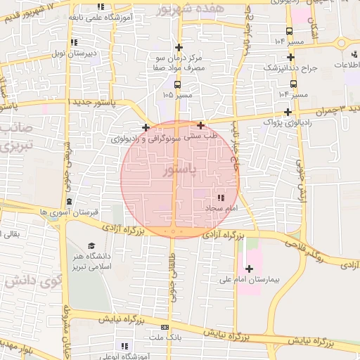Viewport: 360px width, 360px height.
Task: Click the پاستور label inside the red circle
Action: click(x=179, y=170)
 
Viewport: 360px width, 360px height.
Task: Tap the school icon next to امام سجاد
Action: click(x=221, y=198)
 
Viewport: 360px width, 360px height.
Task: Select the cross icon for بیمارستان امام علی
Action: click(x=249, y=268)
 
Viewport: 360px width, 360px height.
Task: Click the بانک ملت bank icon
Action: click(x=165, y=327)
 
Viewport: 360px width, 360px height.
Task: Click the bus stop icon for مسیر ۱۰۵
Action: click(x=177, y=84)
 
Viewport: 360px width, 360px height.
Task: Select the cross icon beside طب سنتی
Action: click(x=200, y=125)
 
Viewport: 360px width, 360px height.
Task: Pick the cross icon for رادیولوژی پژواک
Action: click(x=287, y=112)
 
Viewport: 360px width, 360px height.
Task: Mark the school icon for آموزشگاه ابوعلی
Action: click(x=124, y=345)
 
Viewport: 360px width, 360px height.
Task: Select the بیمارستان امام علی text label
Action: click(x=249, y=279)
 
